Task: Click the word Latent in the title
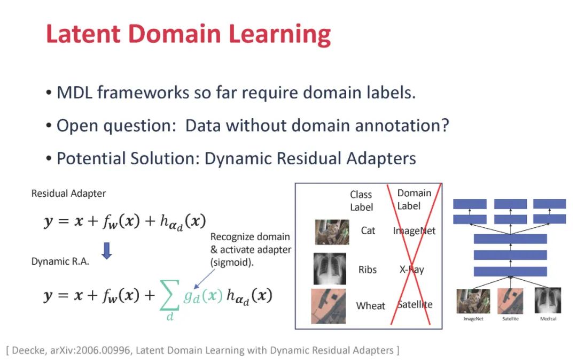tap(83, 34)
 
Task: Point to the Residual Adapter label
tap(68, 194)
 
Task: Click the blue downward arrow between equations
tap(107, 250)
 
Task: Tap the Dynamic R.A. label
tap(60, 262)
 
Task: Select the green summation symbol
tap(170, 295)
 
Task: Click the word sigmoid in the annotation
tap(232, 263)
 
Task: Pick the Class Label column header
tap(361, 201)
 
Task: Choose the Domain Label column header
tap(414, 199)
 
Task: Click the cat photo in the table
tap(332, 232)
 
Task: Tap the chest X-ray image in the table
tap(330, 269)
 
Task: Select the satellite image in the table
tap(328, 306)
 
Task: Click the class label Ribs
tap(368, 270)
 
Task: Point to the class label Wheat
tap(371, 306)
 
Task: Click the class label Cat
tap(368, 231)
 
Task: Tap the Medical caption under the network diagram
tap(548, 319)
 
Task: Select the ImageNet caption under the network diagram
tap(473, 319)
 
